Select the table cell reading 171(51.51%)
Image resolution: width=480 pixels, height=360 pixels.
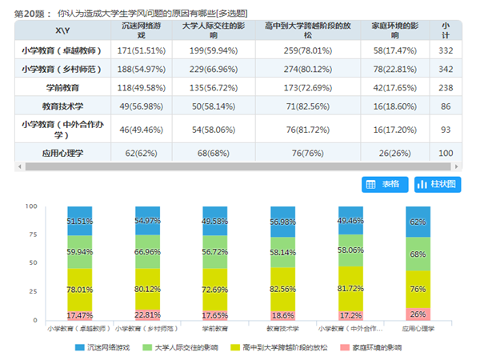pos(142,51)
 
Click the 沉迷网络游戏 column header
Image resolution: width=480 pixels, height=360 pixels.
pos(142,30)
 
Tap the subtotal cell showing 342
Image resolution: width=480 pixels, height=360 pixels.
pos(446,70)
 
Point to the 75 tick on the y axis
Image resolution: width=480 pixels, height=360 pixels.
pos(32,234)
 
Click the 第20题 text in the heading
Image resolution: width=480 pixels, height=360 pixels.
pos(29,14)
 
